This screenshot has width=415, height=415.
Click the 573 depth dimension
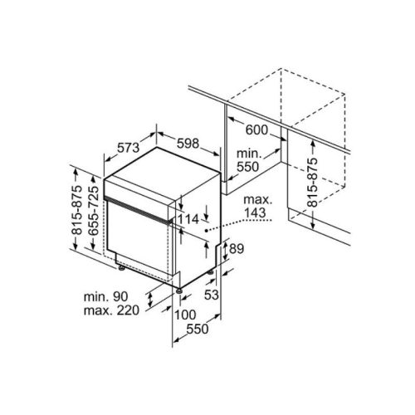127,148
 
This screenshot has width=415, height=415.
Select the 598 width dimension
188,144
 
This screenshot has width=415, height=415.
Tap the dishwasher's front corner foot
179,290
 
